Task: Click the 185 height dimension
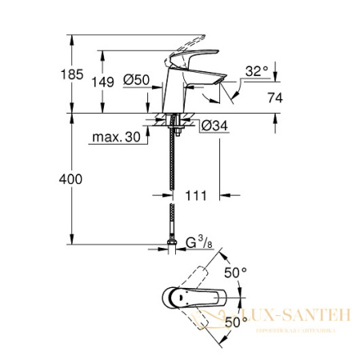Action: [49, 74]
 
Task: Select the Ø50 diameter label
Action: [137, 80]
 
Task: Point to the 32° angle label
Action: [256, 71]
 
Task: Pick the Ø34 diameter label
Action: [212, 126]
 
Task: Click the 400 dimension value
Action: [49, 181]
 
